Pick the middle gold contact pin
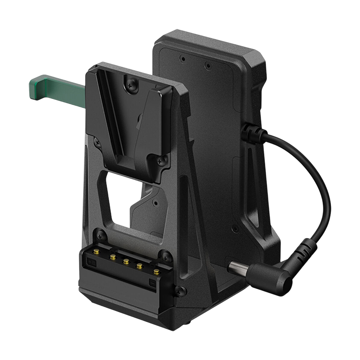127,262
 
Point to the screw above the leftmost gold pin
101,236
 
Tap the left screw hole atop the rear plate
183,59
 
